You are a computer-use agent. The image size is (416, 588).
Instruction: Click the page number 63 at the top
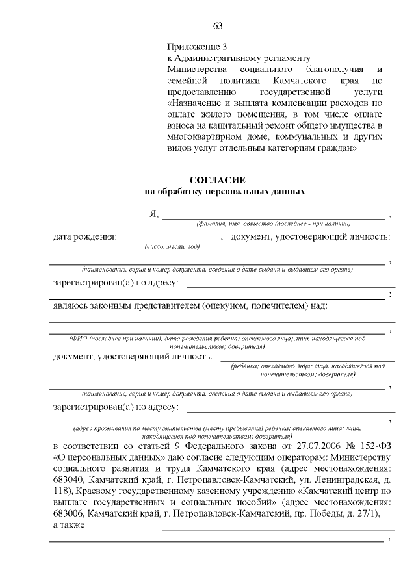(x=218, y=26)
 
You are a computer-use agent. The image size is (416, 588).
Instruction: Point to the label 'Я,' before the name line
(x=154, y=214)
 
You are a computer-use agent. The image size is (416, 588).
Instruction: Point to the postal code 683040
(x=67, y=479)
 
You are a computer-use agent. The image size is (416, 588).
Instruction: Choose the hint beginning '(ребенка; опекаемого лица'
(x=307, y=366)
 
